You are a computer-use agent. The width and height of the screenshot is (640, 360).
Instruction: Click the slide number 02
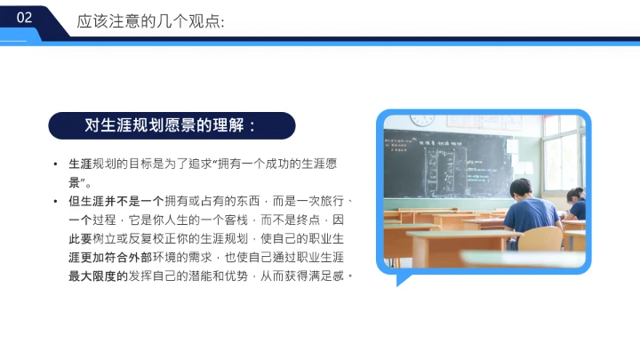(x=24, y=18)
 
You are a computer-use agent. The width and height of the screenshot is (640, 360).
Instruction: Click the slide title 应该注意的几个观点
(x=150, y=20)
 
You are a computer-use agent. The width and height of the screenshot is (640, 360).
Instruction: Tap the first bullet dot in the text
(x=56, y=165)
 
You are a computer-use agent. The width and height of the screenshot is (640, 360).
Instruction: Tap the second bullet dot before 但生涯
(x=56, y=202)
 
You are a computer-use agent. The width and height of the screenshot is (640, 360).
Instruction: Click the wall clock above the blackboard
(x=422, y=121)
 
